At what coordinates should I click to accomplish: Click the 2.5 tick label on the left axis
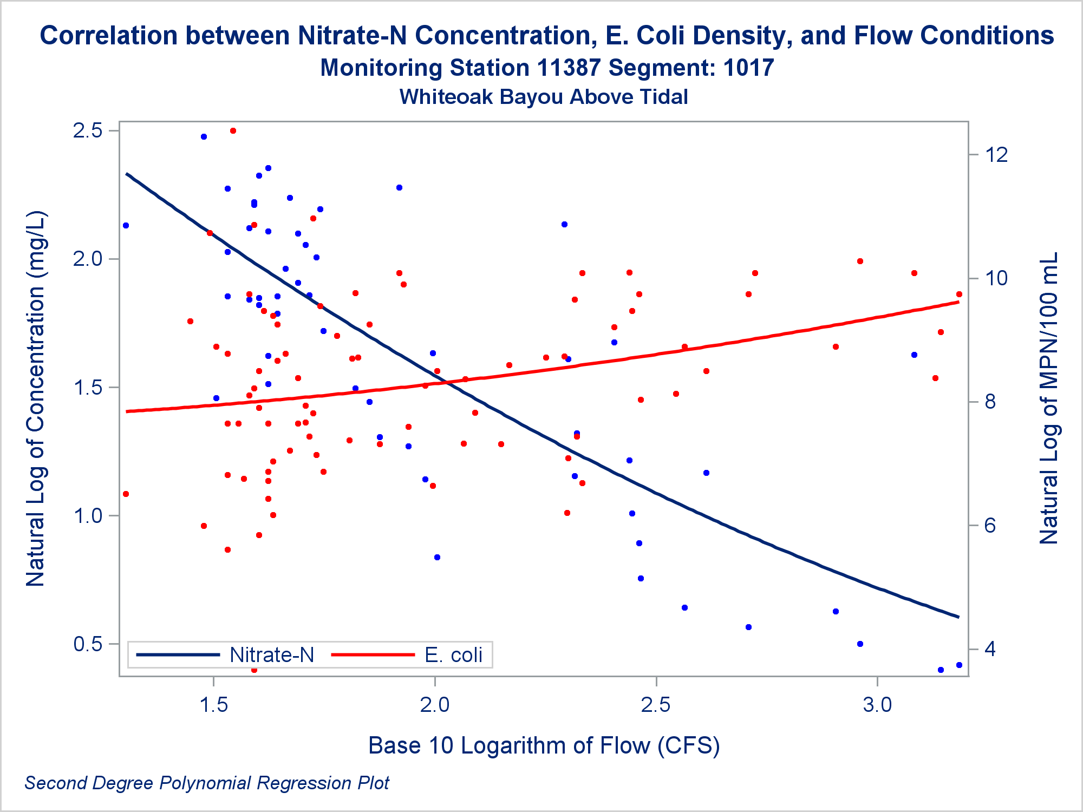point(87,131)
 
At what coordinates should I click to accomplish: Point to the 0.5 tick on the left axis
point(87,644)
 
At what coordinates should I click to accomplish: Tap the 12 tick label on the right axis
point(996,155)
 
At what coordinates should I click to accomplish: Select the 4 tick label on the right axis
point(990,649)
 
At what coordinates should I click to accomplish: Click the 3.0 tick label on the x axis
point(877,705)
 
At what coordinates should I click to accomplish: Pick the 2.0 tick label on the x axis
point(435,705)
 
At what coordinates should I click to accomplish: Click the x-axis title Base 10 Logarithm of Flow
point(544,745)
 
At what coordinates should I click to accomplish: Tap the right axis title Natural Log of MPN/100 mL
point(1049,398)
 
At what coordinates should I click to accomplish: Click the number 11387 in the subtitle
point(569,68)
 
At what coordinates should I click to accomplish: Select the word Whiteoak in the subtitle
point(445,97)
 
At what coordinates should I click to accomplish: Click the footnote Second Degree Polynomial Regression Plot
point(207,783)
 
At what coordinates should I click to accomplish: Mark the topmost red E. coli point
point(233,131)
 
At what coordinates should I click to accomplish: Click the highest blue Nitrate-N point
point(204,137)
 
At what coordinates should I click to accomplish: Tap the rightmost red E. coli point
point(959,294)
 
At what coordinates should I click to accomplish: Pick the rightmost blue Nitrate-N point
point(959,665)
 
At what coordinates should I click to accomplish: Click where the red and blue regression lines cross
point(449,383)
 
